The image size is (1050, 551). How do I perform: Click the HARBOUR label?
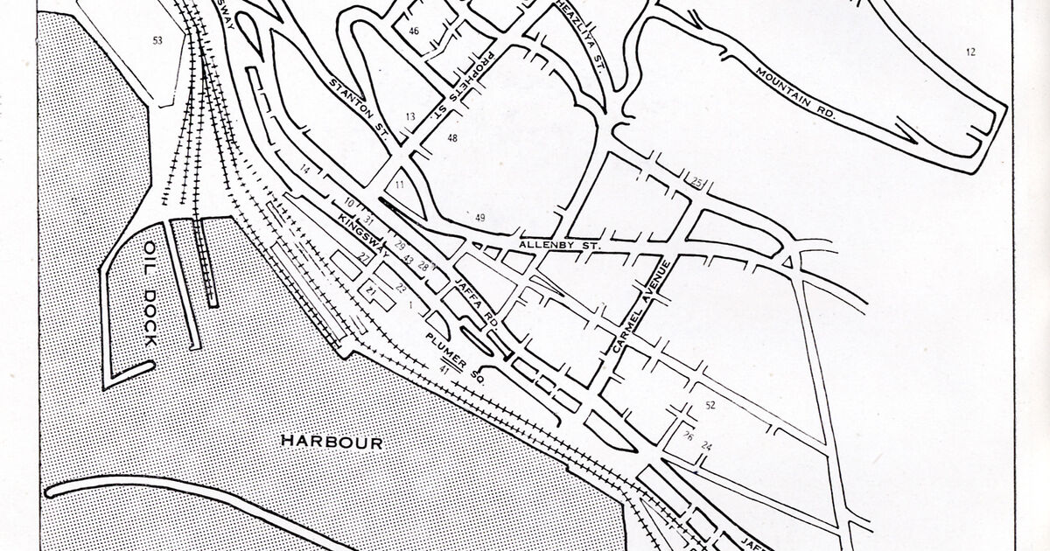click(332, 442)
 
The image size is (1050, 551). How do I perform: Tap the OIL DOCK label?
click(150, 294)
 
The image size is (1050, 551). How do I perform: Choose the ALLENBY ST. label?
click(559, 248)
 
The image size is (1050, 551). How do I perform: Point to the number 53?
click(157, 40)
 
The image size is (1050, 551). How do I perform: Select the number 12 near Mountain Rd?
click(970, 52)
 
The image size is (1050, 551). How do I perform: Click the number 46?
click(414, 31)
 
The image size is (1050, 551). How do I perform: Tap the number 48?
click(452, 138)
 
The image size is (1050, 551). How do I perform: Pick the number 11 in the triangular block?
click(400, 185)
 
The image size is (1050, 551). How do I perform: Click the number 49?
click(479, 217)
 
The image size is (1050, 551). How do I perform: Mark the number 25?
click(696, 182)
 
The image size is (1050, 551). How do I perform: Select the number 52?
click(710, 405)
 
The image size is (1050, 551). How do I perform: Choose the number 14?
click(304, 169)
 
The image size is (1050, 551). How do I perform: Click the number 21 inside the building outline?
click(370, 290)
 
